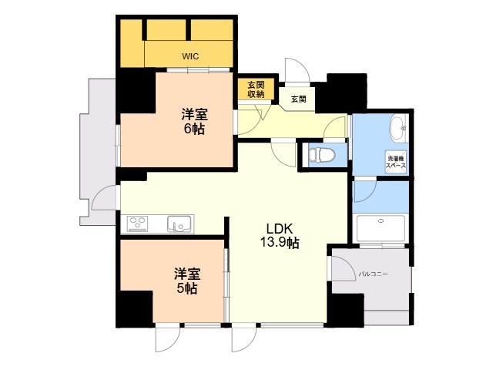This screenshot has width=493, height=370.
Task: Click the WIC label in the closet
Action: tap(189, 55)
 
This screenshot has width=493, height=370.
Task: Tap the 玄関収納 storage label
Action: tap(256, 89)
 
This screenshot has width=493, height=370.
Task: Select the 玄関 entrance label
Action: tap(298, 99)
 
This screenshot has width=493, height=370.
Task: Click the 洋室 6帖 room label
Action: tap(193, 122)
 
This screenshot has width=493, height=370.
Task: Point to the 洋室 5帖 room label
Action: tap(185, 281)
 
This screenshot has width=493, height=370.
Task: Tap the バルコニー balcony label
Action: tap(374, 274)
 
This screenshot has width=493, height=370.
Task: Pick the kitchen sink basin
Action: tap(180, 224)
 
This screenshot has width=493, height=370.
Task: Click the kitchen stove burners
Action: tap(139, 224)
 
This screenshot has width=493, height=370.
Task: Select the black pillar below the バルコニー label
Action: tap(344, 311)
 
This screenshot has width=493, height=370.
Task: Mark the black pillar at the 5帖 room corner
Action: tap(133, 309)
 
